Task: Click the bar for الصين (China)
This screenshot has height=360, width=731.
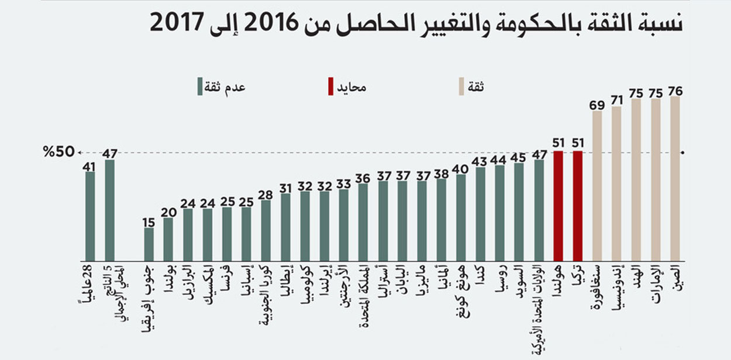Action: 675,179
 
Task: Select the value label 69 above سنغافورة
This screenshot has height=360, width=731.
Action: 597,105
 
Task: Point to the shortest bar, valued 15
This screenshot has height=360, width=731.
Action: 149,244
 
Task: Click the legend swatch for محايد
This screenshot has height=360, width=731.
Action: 331,87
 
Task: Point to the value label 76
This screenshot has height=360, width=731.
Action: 675,91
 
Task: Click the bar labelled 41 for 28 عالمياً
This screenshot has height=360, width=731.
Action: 90,216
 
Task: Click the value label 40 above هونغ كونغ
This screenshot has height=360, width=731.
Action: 461,168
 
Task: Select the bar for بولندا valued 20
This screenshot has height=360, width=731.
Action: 168,239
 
